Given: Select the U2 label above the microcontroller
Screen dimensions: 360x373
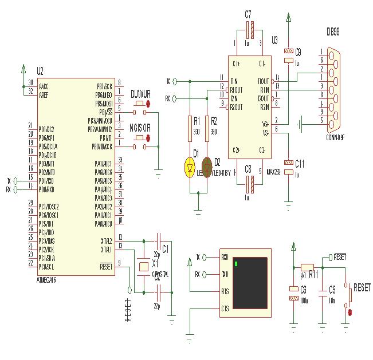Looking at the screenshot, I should (x=40, y=72).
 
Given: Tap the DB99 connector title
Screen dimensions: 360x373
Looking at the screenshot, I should (x=333, y=33).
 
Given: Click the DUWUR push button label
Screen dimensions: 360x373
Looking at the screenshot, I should (x=141, y=93).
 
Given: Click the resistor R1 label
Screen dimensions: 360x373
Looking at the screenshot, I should (x=197, y=121).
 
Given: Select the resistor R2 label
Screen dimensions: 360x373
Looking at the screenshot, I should (x=214, y=121).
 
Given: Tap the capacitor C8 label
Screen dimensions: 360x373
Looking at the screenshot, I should (x=248, y=169).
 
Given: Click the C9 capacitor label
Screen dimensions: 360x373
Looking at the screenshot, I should (x=298, y=52).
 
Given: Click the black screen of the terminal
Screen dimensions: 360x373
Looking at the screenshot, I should (x=250, y=282).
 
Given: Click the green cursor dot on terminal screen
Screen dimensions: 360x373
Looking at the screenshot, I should (x=235, y=264).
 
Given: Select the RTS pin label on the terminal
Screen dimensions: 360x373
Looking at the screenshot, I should (x=225, y=291).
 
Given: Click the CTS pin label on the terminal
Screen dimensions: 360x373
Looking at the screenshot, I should (x=225, y=308).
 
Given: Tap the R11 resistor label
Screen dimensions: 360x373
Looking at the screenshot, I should (x=313, y=274).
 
